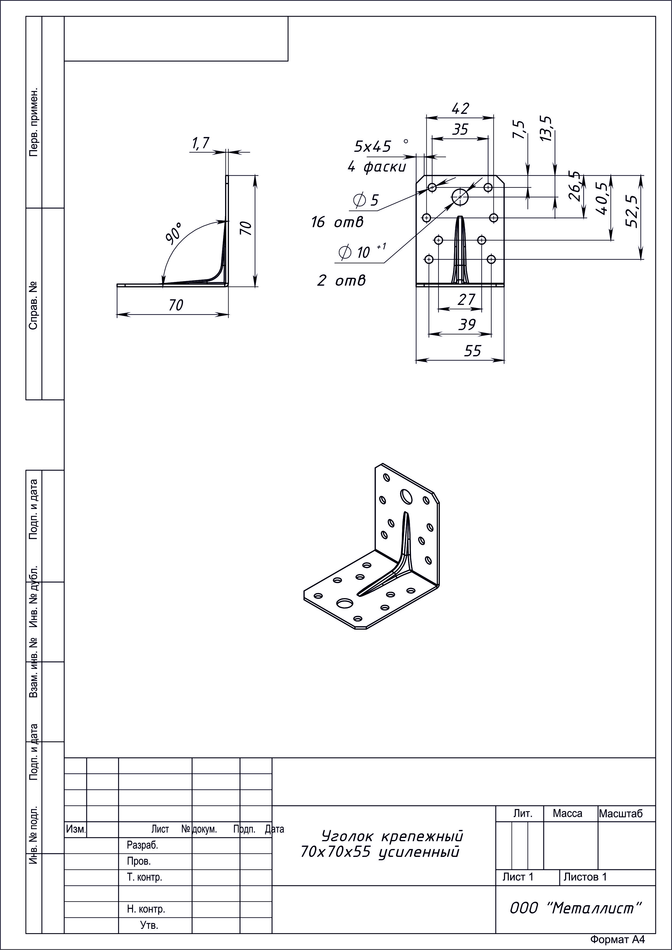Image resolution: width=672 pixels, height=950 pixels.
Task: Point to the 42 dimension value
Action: pyautogui.click(x=460, y=109)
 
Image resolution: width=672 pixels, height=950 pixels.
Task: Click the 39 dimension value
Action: pyautogui.click(x=467, y=324)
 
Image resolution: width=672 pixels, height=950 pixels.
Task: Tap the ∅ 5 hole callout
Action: pyautogui.click(x=366, y=200)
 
